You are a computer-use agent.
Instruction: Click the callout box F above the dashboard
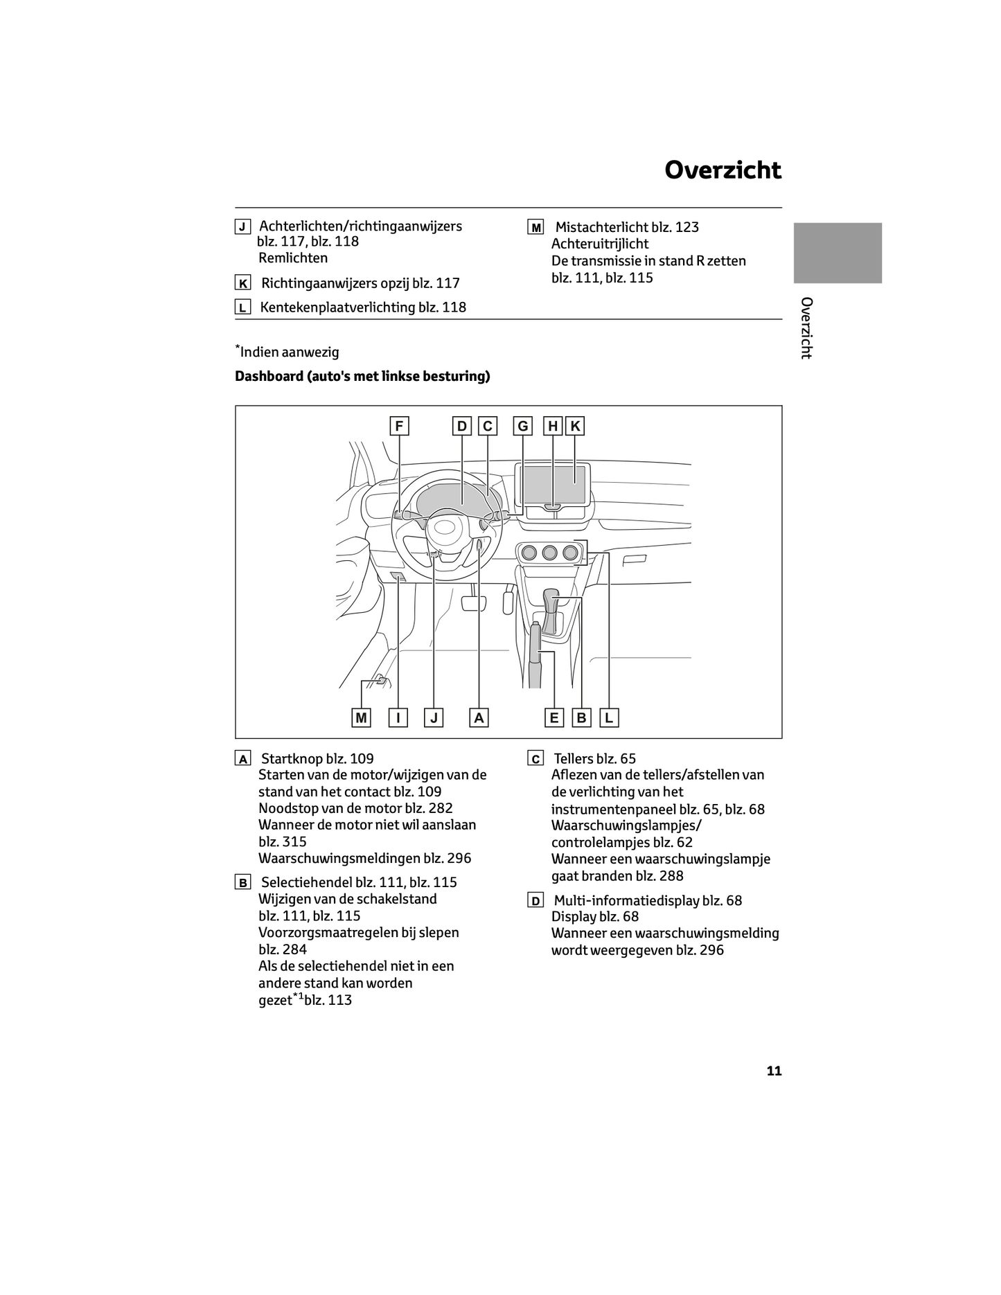399,426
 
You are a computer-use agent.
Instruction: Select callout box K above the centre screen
575,426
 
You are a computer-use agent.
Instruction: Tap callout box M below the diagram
361,718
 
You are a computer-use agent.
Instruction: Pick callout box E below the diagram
553,718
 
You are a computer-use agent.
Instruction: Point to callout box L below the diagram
609,718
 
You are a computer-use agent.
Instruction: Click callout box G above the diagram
523,426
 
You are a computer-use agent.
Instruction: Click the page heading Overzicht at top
723,170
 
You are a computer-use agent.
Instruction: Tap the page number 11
774,1071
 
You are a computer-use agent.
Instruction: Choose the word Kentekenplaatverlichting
337,307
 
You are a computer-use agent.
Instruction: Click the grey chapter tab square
837,253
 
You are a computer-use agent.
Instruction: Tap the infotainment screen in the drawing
554,485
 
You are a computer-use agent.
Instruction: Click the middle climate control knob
550,552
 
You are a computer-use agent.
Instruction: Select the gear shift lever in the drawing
552,609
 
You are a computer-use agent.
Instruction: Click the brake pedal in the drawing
474,602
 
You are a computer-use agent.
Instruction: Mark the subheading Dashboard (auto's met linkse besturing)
362,376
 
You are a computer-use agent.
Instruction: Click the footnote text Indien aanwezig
290,352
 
